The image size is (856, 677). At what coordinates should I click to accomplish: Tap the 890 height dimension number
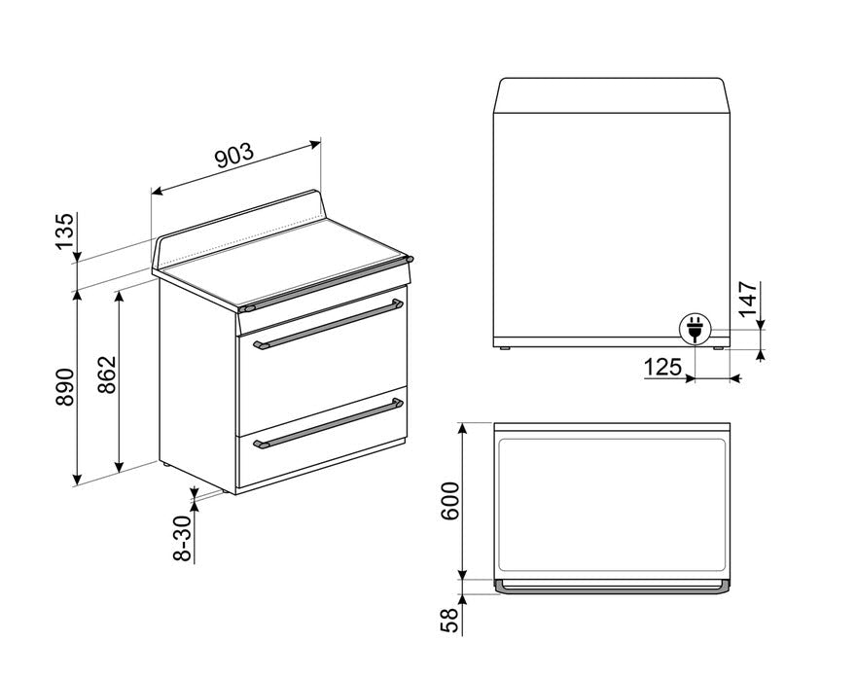pos(65,387)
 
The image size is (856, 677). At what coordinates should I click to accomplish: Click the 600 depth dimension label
pos(449,502)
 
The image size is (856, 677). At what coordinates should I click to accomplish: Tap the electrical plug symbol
pos(695,328)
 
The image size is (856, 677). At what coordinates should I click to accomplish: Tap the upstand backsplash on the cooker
pos(238,226)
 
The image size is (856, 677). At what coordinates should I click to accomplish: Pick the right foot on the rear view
pos(718,347)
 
